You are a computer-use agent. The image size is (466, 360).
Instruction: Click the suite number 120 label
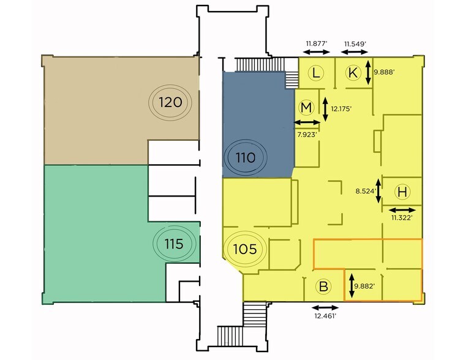(x=170, y=102)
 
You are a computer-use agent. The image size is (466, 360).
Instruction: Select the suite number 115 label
(x=174, y=244)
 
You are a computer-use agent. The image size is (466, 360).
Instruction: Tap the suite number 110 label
(x=246, y=157)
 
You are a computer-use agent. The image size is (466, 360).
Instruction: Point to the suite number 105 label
(x=245, y=249)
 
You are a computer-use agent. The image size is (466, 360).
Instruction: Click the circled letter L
(x=316, y=72)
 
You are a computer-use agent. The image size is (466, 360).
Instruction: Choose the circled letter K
(x=353, y=72)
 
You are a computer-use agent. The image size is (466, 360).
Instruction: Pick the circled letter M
(x=306, y=108)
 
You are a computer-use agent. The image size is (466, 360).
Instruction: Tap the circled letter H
(x=402, y=192)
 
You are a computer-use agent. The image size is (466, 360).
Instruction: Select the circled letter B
(x=323, y=287)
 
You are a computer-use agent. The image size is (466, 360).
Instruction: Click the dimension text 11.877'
(x=317, y=44)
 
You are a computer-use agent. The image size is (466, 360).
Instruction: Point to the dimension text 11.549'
(x=355, y=44)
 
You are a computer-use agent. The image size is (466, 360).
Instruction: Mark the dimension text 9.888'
(x=384, y=72)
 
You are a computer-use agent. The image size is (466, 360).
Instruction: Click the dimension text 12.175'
(x=341, y=109)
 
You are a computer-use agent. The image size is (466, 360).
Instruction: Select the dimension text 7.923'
(x=307, y=135)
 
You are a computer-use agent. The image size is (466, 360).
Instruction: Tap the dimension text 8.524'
(x=366, y=191)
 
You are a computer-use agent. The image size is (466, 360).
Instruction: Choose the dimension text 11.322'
(x=402, y=218)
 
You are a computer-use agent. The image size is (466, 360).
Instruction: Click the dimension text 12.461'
(x=325, y=316)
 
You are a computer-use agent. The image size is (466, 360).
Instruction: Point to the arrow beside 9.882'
(x=351, y=286)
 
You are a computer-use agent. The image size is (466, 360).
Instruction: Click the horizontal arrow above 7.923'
(x=307, y=122)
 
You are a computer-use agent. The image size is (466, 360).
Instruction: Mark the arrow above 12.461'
(x=325, y=308)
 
